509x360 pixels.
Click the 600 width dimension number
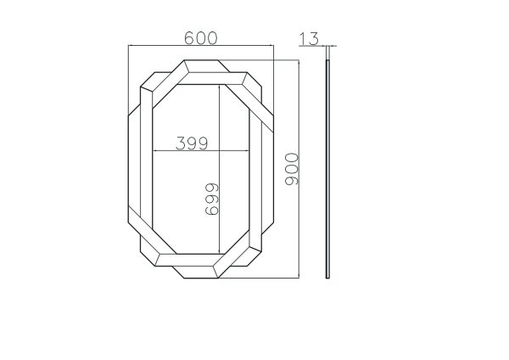click(x=201, y=37)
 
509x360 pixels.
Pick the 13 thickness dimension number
click(x=309, y=37)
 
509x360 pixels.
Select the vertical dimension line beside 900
click(x=302, y=170)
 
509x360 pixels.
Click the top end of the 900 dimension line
click(x=302, y=60)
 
